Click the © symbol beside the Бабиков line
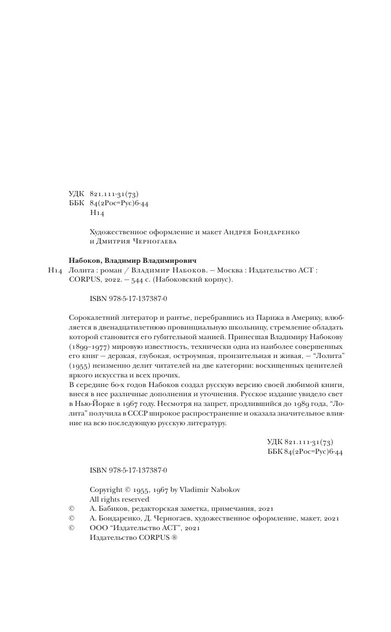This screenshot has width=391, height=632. (71, 509)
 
